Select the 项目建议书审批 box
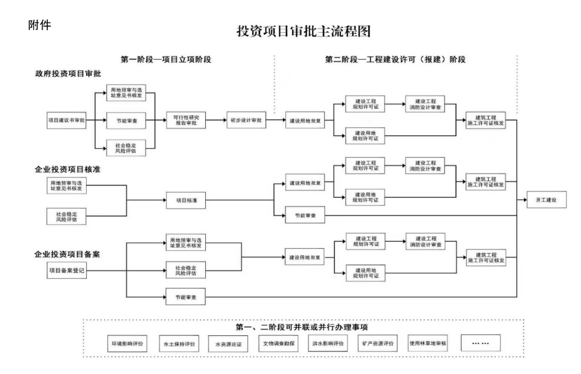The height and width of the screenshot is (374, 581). coord(66,121)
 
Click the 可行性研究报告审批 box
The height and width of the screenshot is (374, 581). coord(186,121)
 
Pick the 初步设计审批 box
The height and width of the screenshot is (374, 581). coord(245,121)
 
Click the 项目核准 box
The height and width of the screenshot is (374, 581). coord(186,200)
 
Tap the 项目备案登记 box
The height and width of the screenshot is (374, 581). coord(66,271)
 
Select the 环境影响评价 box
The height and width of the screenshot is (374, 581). coord(127,343)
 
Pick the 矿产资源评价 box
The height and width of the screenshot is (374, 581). coord(377,343)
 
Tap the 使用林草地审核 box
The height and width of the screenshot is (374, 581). coord(428,343)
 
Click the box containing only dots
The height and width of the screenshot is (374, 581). coord(481,343)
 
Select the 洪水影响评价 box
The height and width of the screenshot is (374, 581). coord(327,343)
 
